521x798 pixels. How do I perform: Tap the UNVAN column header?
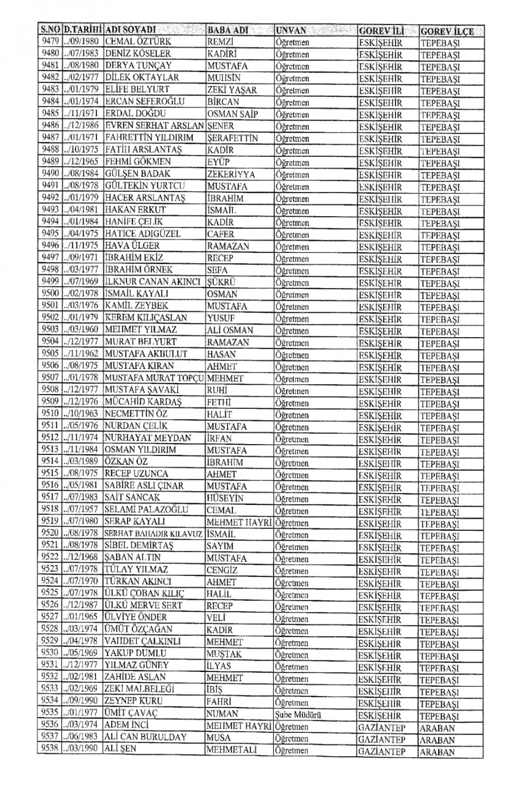[291, 30]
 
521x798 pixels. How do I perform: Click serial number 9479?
[50, 41]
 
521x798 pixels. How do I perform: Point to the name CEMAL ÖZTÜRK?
[138, 41]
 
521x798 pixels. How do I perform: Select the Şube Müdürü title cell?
[298, 715]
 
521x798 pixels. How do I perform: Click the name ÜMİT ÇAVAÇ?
[131, 713]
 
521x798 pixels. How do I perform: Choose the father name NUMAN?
[223, 714]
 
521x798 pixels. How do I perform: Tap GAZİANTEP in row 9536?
[382, 727]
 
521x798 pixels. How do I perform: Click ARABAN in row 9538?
[437, 752]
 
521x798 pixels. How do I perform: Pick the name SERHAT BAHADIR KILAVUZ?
[154, 534]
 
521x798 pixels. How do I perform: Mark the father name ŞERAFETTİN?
[232, 138]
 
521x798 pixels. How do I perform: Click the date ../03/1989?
[80, 461]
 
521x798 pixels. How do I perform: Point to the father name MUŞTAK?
[224, 654]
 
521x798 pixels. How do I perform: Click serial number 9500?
[50, 294]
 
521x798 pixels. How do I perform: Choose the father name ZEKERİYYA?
[231, 174]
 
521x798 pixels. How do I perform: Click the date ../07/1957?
[80, 509]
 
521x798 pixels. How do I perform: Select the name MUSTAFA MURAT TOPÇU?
[155, 378]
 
